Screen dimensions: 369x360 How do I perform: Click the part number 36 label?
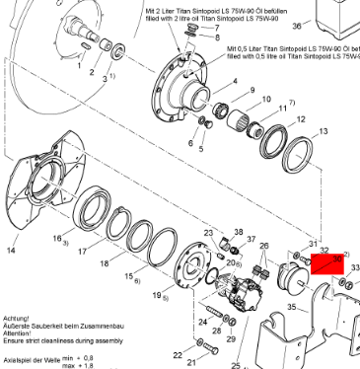pyautogui.click(x=324, y=25)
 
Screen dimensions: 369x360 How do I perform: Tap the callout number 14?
pyautogui.click(x=11, y=251)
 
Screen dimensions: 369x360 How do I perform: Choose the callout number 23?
pyautogui.click(x=209, y=232)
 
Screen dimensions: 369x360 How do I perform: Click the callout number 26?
pyautogui.click(x=263, y=244)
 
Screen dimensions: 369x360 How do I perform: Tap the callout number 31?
pyautogui.click(x=313, y=243)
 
